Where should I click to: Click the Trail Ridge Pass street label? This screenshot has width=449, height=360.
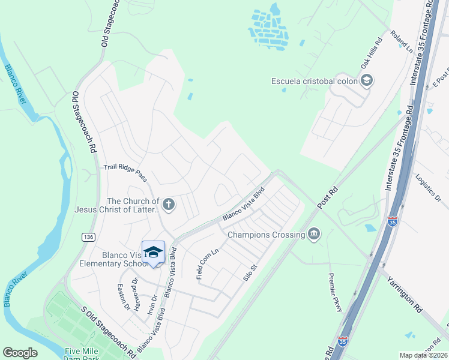(x=125, y=173)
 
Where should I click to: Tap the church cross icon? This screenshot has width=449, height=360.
(x=169, y=205)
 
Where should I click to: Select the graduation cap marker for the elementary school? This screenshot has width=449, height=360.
(x=153, y=252)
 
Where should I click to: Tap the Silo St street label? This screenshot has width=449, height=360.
(x=249, y=272)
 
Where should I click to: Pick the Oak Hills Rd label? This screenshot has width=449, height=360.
(x=371, y=54)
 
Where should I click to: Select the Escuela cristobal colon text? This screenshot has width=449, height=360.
(x=314, y=81)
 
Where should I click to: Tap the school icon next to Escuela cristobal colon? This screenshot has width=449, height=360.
(x=366, y=81)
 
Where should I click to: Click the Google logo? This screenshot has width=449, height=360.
(x=20, y=353)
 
